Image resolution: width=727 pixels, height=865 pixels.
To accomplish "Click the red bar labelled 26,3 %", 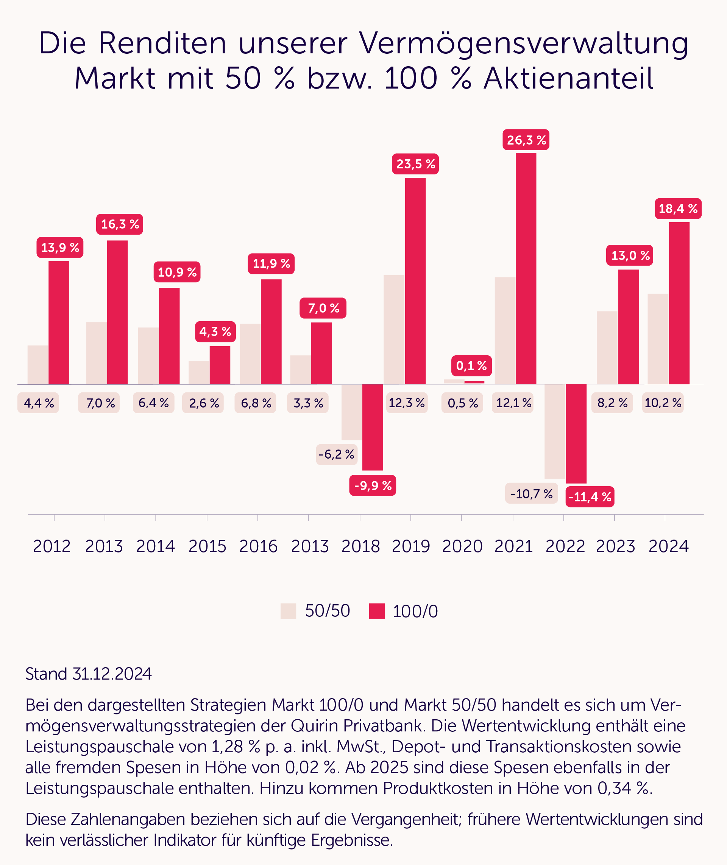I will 526,268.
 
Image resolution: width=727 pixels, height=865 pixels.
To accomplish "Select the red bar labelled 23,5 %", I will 415,280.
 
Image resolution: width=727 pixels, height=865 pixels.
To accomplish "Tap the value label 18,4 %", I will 678,208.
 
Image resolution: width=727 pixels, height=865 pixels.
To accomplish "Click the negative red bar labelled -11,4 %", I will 576,433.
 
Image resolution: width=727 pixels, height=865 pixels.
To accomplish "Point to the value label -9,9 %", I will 373,485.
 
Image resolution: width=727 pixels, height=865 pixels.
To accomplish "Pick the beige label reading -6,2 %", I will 336,454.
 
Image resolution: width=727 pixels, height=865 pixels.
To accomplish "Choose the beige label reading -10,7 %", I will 531,493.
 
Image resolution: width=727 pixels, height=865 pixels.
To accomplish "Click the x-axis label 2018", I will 360,546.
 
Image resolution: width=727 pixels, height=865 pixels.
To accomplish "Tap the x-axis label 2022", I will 565,546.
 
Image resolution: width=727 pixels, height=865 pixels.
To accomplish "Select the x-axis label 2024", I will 668,546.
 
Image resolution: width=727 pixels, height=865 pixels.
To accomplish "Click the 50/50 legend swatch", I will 288,611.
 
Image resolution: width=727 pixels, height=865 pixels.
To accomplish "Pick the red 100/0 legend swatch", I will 377,611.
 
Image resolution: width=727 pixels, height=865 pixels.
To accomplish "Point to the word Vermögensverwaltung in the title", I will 523,43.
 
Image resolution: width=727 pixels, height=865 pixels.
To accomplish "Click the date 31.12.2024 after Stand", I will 112,674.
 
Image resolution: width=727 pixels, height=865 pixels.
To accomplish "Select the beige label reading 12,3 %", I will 406,403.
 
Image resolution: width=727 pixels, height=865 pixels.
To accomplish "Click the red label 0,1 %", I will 471,366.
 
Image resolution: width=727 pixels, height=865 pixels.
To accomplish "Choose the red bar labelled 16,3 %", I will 117,312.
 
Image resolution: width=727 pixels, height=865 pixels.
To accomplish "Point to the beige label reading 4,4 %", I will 38,403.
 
